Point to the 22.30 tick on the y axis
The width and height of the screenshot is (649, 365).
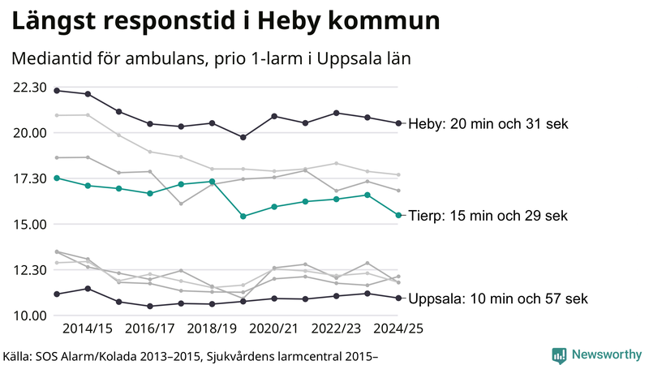click(28, 87)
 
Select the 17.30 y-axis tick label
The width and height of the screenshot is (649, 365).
click(28, 178)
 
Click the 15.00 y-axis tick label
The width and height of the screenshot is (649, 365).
click(28, 224)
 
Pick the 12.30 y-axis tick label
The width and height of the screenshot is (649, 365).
click(28, 269)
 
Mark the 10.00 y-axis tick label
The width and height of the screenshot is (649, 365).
click(28, 316)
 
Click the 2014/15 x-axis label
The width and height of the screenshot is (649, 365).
click(88, 329)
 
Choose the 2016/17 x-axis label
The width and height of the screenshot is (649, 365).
click(150, 329)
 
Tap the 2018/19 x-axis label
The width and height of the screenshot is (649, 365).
click(212, 329)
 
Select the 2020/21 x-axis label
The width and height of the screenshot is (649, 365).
click(274, 329)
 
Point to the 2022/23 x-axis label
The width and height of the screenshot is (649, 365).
click(336, 329)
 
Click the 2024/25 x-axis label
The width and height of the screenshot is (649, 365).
click(398, 329)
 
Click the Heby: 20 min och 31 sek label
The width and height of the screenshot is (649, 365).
click(488, 124)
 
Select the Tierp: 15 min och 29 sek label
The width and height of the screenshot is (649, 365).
click(488, 216)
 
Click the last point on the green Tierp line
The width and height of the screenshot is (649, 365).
click(398, 215)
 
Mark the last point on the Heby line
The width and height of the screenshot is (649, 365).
click(398, 123)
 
